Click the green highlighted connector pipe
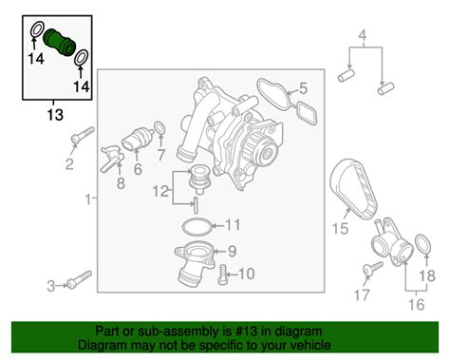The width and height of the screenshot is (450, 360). [x=59, y=43]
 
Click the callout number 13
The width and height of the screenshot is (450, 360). [x=55, y=115]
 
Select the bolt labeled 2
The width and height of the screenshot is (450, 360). [x=83, y=135]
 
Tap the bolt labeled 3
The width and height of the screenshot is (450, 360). [x=79, y=280]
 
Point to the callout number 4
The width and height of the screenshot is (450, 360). [x=363, y=35]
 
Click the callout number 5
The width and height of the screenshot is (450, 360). [x=303, y=88]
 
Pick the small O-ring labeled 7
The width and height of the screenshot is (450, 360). [x=159, y=128]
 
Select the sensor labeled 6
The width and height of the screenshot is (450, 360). [x=138, y=140]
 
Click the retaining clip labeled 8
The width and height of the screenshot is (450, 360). [x=112, y=158]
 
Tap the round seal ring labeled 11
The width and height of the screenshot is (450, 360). [x=198, y=227]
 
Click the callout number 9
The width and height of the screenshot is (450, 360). [x=233, y=252]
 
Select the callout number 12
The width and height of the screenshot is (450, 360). [x=160, y=191]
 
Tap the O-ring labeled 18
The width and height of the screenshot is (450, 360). [x=422, y=245]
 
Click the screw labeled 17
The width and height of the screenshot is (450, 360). [x=373, y=269]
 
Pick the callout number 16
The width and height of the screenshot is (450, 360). [x=417, y=305]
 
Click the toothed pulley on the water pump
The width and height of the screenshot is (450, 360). [x=256, y=149]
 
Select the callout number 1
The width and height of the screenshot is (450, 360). [x=88, y=199]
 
